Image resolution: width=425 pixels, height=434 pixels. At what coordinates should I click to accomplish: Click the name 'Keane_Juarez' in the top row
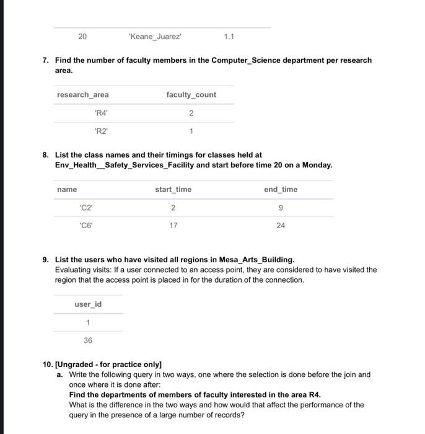(155, 37)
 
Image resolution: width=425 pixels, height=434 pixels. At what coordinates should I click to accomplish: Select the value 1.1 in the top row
(229, 37)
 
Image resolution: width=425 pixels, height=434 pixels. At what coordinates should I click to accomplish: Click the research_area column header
(82, 95)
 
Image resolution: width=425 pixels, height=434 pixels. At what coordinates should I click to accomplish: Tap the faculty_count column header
(191, 95)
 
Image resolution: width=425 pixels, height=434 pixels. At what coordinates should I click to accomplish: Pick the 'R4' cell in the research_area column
(101, 113)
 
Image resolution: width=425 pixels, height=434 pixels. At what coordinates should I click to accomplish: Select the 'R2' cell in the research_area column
(101, 131)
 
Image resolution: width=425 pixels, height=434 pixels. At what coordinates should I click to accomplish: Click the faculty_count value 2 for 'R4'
(191, 113)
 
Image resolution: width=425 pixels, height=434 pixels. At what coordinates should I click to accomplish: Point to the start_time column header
(173, 189)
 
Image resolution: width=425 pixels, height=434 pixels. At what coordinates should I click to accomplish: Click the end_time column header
(280, 189)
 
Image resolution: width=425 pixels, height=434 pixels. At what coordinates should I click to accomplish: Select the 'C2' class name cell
(87, 208)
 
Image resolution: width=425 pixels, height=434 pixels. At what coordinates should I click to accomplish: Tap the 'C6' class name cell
(87, 226)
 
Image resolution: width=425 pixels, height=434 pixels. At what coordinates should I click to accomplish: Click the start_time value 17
(173, 226)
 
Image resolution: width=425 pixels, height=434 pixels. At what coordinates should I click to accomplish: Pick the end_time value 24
(280, 226)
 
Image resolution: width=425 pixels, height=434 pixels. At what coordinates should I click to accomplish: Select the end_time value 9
(280, 208)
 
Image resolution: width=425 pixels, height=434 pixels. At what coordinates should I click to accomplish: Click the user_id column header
(88, 304)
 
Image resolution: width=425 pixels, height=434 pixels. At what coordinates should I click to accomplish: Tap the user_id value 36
(88, 340)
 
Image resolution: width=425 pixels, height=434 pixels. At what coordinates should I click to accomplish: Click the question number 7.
(45, 60)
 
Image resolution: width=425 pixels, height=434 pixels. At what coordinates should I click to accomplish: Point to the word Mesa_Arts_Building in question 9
(256, 259)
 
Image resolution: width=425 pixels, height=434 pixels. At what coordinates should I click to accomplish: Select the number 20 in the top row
(82, 37)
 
